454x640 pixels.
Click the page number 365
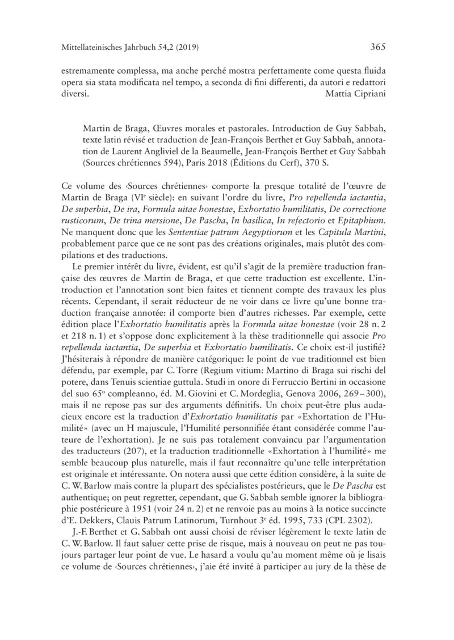point(378,47)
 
